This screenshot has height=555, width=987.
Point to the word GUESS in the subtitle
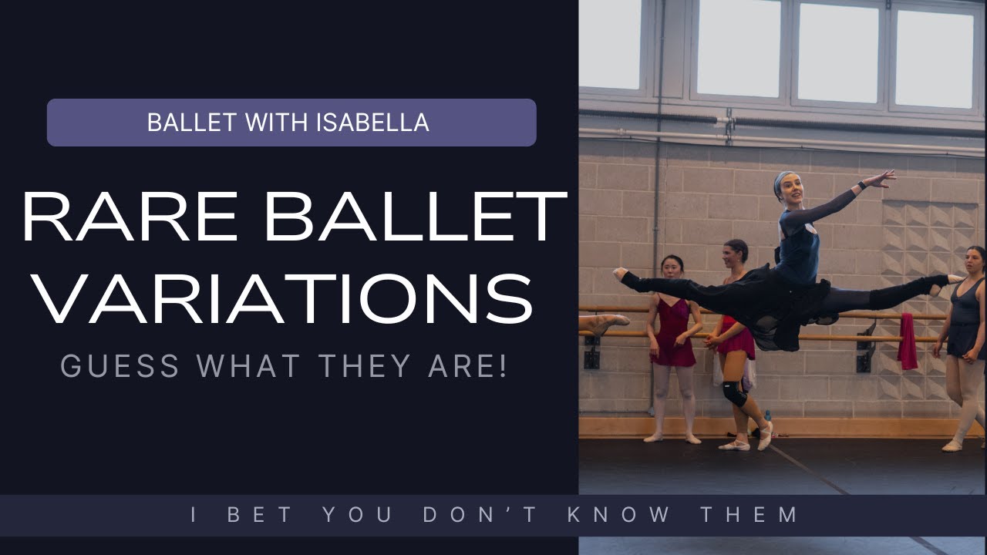click(x=120, y=366)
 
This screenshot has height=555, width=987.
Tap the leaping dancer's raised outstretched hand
click(x=881, y=179)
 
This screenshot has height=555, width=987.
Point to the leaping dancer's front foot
click(x=619, y=273)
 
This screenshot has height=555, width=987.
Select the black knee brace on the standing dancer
click(x=733, y=392)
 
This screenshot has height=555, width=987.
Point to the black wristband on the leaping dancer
click(x=861, y=186)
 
